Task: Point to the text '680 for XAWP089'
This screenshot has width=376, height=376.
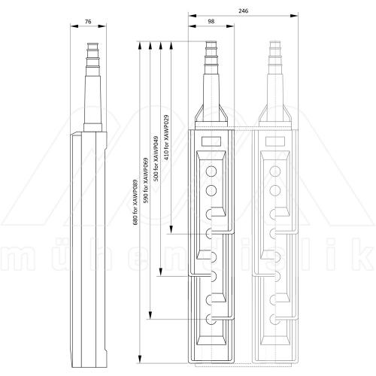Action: pos(136,204)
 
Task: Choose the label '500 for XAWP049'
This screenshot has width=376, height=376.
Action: pos(156,159)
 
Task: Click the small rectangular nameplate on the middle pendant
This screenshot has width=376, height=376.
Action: pos(211,141)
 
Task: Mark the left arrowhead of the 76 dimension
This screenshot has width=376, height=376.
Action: pos(72,26)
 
